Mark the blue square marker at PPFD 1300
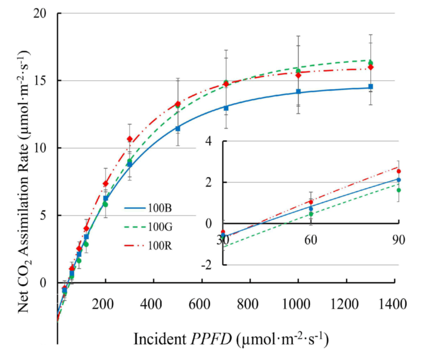(x=370, y=86)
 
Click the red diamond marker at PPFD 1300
(x=370, y=67)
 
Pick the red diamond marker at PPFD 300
(x=129, y=139)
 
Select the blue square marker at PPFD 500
(x=178, y=128)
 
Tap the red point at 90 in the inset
(x=398, y=171)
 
